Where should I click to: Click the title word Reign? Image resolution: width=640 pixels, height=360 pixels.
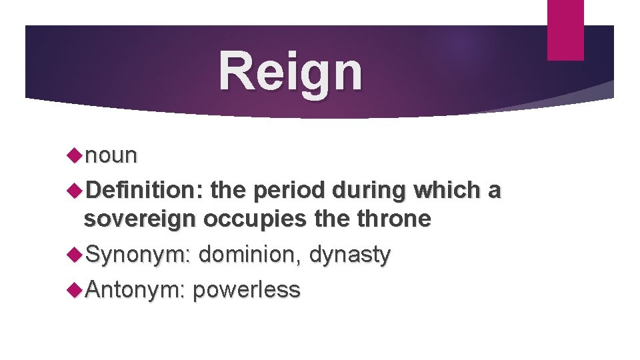(291, 72)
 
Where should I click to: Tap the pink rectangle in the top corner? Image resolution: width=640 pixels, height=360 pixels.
(565, 29)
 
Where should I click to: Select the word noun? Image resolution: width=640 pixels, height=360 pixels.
(111, 155)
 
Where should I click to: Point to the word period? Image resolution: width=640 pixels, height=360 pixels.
(292, 191)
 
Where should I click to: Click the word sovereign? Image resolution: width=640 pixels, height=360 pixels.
(141, 219)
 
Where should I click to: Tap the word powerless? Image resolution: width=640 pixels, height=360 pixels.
(247, 289)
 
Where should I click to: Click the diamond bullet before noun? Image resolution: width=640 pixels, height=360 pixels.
(75, 155)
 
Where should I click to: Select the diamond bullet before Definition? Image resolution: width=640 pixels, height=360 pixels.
(75, 191)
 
